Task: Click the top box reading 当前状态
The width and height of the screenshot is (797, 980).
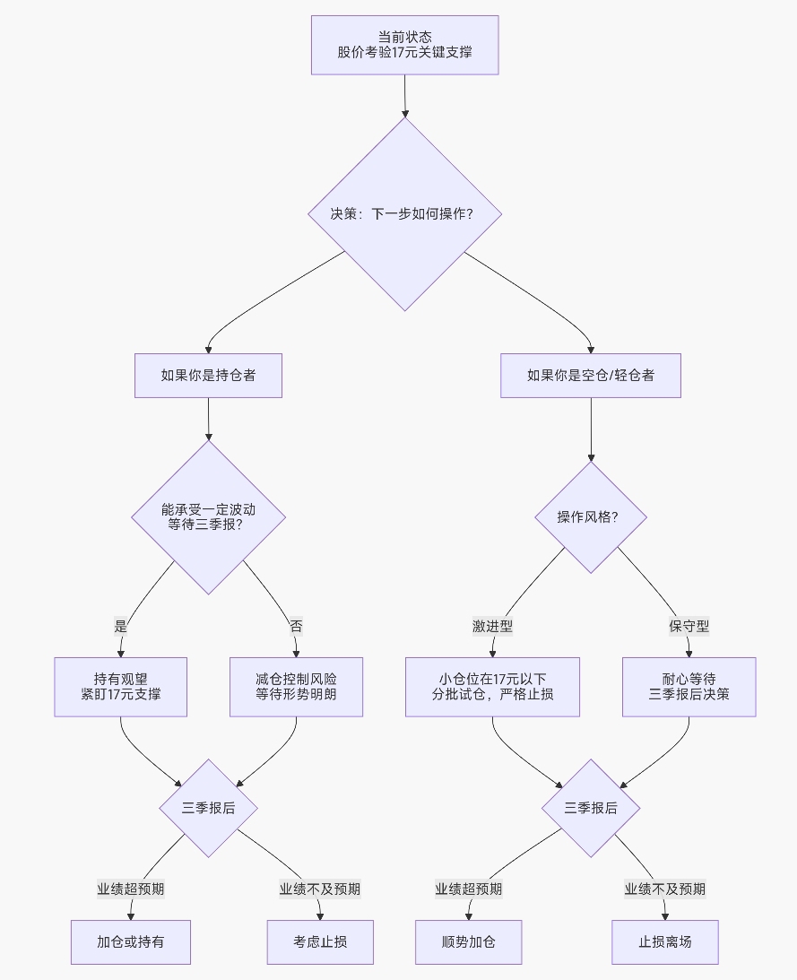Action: click(x=404, y=45)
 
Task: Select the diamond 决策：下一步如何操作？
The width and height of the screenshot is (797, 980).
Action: click(x=404, y=214)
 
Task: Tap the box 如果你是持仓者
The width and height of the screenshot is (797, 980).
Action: click(x=208, y=376)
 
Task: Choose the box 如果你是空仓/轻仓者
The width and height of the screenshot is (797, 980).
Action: click(x=591, y=376)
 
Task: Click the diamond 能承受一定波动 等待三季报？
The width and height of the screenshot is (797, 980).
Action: click(x=208, y=516)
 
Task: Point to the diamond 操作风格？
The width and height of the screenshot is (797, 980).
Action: click(x=591, y=516)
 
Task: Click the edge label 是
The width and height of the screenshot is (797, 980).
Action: click(x=121, y=627)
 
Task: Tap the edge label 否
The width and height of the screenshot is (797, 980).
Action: click(x=296, y=627)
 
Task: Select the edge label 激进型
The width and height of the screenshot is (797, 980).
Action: click(x=492, y=627)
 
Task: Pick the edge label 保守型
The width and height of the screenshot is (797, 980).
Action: click(x=689, y=627)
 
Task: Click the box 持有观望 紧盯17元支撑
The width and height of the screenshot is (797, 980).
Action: click(x=121, y=687)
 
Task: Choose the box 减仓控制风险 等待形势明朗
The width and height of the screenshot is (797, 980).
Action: click(x=296, y=687)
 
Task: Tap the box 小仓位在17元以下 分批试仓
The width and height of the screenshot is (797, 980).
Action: click(x=492, y=687)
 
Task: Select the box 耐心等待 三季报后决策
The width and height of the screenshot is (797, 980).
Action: click(x=689, y=687)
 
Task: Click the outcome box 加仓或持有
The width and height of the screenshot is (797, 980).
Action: click(x=131, y=942)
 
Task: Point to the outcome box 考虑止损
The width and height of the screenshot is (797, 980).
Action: click(x=320, y=942)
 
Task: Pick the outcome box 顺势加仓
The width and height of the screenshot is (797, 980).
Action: click(x=468, y=942)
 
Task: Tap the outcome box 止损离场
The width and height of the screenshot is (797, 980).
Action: click(x=665, y=942)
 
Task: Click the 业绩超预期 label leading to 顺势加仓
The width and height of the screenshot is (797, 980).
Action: click(x=468, y=889)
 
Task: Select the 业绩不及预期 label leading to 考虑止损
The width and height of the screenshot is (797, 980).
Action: click(x=320, y=889)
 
